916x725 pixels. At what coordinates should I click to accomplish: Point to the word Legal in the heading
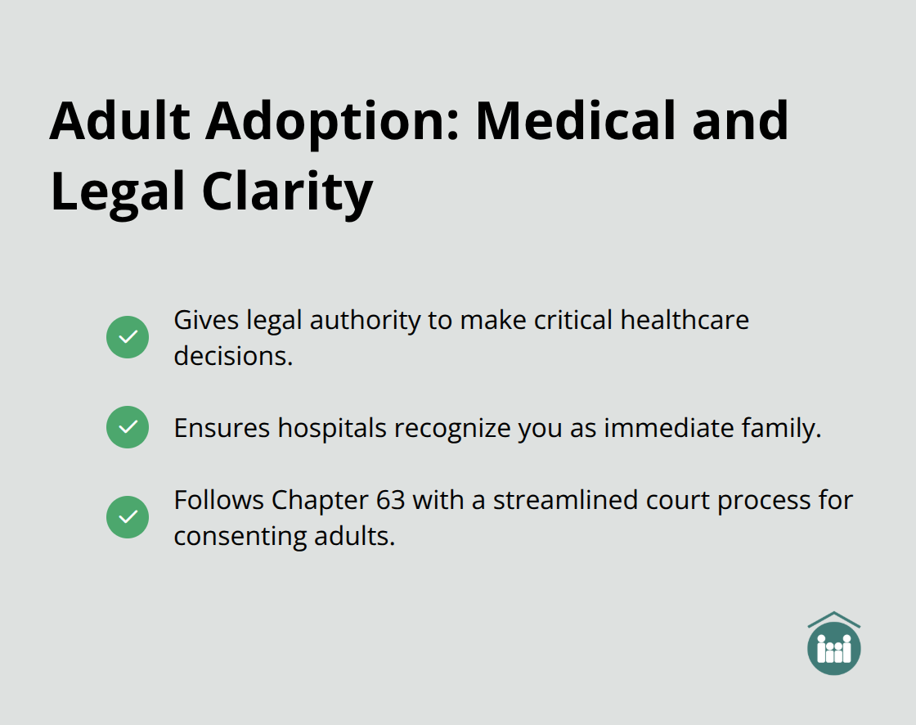click(114, 193)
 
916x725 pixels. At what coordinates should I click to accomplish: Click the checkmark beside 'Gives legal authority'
click(128, 337)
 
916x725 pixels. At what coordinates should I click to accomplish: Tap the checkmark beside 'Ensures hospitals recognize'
click(128, 427)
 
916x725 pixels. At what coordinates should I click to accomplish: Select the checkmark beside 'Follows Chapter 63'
click(128, 517)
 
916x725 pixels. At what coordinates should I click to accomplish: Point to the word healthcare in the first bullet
click(685, 320)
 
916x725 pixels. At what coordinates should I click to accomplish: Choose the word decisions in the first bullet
click(233, 357)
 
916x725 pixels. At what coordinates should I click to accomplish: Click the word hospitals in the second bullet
click(332, 428)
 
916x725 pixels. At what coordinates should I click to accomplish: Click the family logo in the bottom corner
click(833, 649)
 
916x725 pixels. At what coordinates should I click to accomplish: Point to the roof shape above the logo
click(833, 619)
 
